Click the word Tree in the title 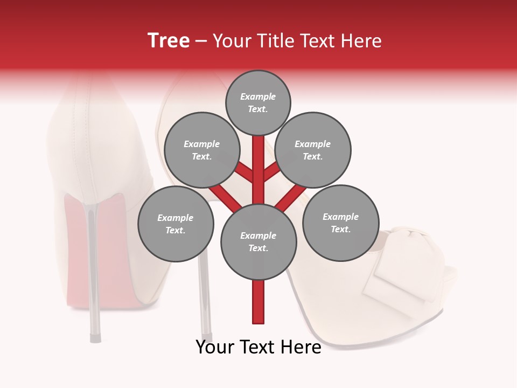coord(169,40)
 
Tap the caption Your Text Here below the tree coord(258,347)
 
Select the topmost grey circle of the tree coord(258,102)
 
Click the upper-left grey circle coord(202,150)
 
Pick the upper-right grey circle coord(313,150)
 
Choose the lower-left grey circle coord(176,224)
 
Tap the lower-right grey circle coord(340,223)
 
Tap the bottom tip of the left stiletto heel coord(95,338)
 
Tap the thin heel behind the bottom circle coord(205,302)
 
